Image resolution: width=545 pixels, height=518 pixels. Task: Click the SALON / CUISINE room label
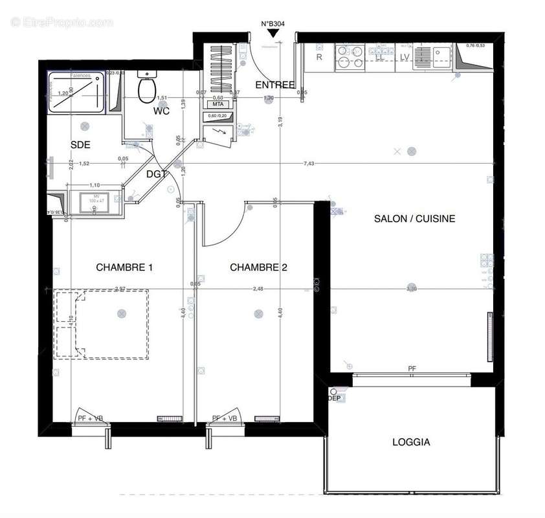pos(414,219)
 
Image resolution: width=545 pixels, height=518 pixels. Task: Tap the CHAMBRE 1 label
pos(124,267)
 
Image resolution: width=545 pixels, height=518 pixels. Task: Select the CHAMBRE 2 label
pos(258,267)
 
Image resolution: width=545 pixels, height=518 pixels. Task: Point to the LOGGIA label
pos(411,443)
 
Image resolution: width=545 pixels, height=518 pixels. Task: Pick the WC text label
pos(161,111)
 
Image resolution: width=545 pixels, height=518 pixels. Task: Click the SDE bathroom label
pos(80,144)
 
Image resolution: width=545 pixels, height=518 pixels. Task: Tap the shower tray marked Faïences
pos(76,93)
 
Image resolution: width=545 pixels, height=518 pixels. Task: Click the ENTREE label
pos(275,85)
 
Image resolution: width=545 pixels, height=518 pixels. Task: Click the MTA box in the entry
pos(217,104)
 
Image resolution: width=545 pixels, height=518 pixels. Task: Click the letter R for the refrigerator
pos(319,57)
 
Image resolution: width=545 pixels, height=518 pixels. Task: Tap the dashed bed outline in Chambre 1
pos(102,324)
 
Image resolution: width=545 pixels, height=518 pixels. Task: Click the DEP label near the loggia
pos(334,398)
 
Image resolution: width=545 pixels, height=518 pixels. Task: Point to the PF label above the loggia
pos(412,368)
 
